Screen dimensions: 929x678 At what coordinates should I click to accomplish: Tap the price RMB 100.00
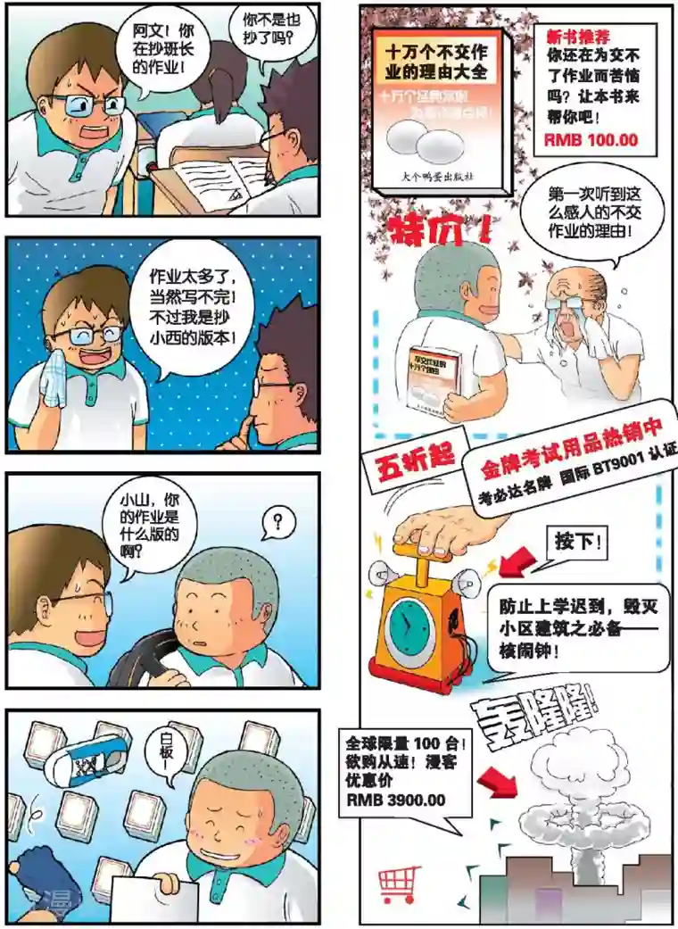tap(591, 140)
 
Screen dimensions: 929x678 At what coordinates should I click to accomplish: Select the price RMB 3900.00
tap(396, 800)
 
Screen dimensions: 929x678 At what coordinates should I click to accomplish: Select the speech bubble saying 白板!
tap(164, 754)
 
